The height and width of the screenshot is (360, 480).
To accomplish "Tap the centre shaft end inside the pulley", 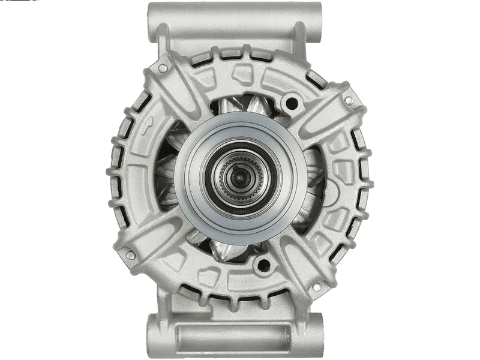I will click(239, 178).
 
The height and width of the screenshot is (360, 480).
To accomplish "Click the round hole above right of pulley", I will click(292, 103).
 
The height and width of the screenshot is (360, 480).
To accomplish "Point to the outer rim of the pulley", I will click(239, 124).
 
